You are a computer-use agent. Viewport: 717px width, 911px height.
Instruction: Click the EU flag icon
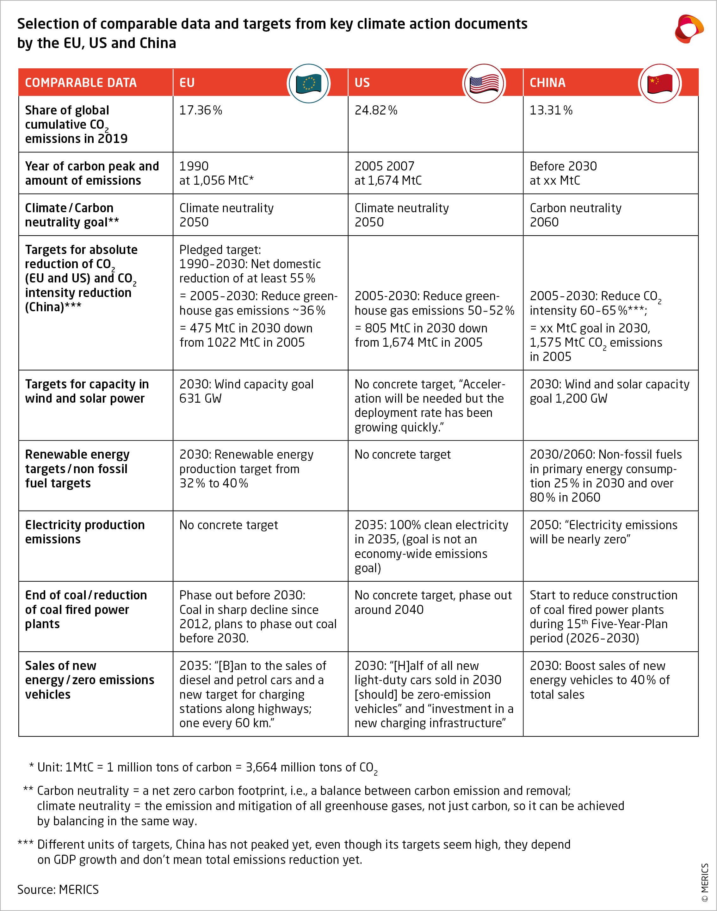click(x=309, y=84)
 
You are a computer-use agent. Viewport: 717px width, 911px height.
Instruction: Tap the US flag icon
click(x=484, y=84)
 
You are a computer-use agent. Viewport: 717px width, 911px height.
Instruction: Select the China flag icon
click(x=659, y=84)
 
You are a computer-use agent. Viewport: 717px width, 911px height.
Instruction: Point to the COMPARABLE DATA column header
click(x=81, y=83)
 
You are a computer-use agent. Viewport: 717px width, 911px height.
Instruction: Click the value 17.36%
click(x=201, y=110)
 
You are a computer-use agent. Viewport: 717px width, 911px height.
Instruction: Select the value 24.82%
click(x=376, y=110)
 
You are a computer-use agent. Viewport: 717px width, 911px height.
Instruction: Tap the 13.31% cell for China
click(x=551, y=110)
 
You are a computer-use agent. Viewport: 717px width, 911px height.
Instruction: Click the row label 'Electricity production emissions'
click(x=85, y=532)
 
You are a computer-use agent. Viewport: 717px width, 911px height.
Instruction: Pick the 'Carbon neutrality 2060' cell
click(x=575, y=215)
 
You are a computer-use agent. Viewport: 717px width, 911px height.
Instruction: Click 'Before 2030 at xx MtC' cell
click(x=563, y=173)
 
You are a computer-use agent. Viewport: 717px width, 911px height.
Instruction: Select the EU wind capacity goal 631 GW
click(x=246, y=391)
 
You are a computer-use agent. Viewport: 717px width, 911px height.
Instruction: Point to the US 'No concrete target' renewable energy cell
click(x=402, y=455)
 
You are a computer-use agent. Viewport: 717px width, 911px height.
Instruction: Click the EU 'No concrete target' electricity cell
click(x=228, y=525)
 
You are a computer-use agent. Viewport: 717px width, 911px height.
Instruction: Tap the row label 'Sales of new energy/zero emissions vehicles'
click(x=90, y=680)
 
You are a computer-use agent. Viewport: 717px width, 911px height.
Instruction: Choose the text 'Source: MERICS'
click(x=58, y=889)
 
